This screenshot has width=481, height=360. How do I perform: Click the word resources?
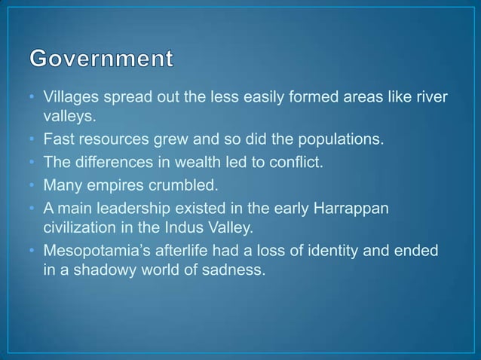(x=106, y=139)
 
